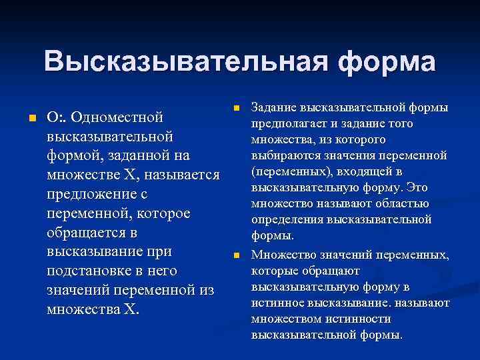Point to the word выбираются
(285, 156)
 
